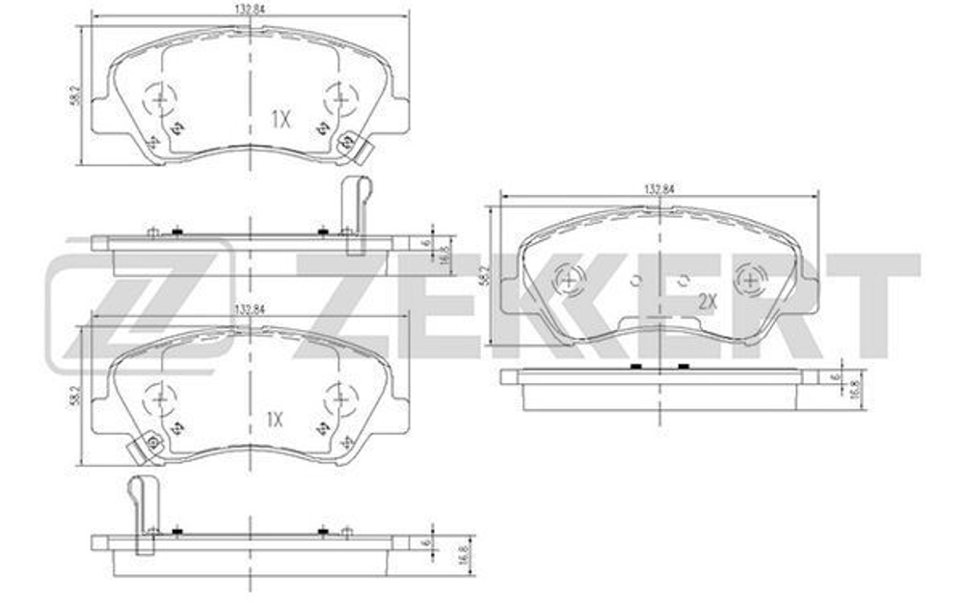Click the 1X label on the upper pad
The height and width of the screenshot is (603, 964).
click(280, 120)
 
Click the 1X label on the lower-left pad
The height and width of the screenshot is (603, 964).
click(274, 420)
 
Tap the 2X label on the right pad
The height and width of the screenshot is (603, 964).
click(709, 301)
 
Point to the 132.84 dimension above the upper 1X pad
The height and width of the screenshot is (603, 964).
click(249, 9)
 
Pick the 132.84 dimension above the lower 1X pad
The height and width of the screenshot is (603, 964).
click(249, 311)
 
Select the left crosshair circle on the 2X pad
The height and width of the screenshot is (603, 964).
click(569, 281)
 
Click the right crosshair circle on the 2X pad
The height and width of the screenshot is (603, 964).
click(749, 281)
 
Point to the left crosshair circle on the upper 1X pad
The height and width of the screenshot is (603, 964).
click(158, 96)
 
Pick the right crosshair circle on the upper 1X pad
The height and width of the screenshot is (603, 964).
click(339, 96)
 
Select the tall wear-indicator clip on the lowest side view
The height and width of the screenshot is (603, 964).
click(143, 511)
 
